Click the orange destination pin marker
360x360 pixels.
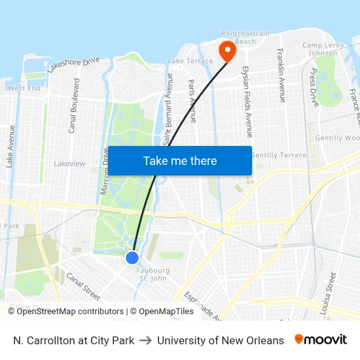coord(228,50)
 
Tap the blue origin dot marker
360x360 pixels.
coord(132,257)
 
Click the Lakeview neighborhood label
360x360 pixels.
coord(69,164)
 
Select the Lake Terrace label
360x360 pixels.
coord(190,61)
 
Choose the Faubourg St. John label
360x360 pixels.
coord(153,274)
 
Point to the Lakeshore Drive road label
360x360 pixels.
coord(73,63)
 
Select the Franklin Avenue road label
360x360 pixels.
coord(281,75)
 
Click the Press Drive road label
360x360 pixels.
coord(314,87)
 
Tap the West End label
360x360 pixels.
coord(24,88)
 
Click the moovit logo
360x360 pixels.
coord(321,340)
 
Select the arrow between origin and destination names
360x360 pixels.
coord(146,340)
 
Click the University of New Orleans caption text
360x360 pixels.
coord(221,340)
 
